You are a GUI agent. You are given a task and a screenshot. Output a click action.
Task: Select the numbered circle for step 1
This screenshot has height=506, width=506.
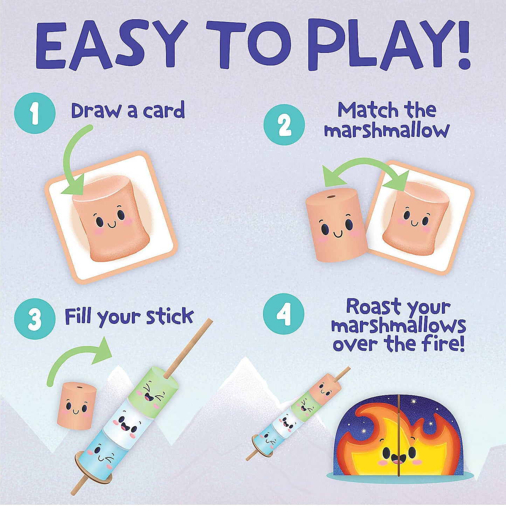pos(35,113)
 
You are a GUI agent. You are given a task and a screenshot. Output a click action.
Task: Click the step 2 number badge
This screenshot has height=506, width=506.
pos(284,125)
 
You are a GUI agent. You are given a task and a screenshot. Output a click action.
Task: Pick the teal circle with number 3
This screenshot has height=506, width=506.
pos(35,320)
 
